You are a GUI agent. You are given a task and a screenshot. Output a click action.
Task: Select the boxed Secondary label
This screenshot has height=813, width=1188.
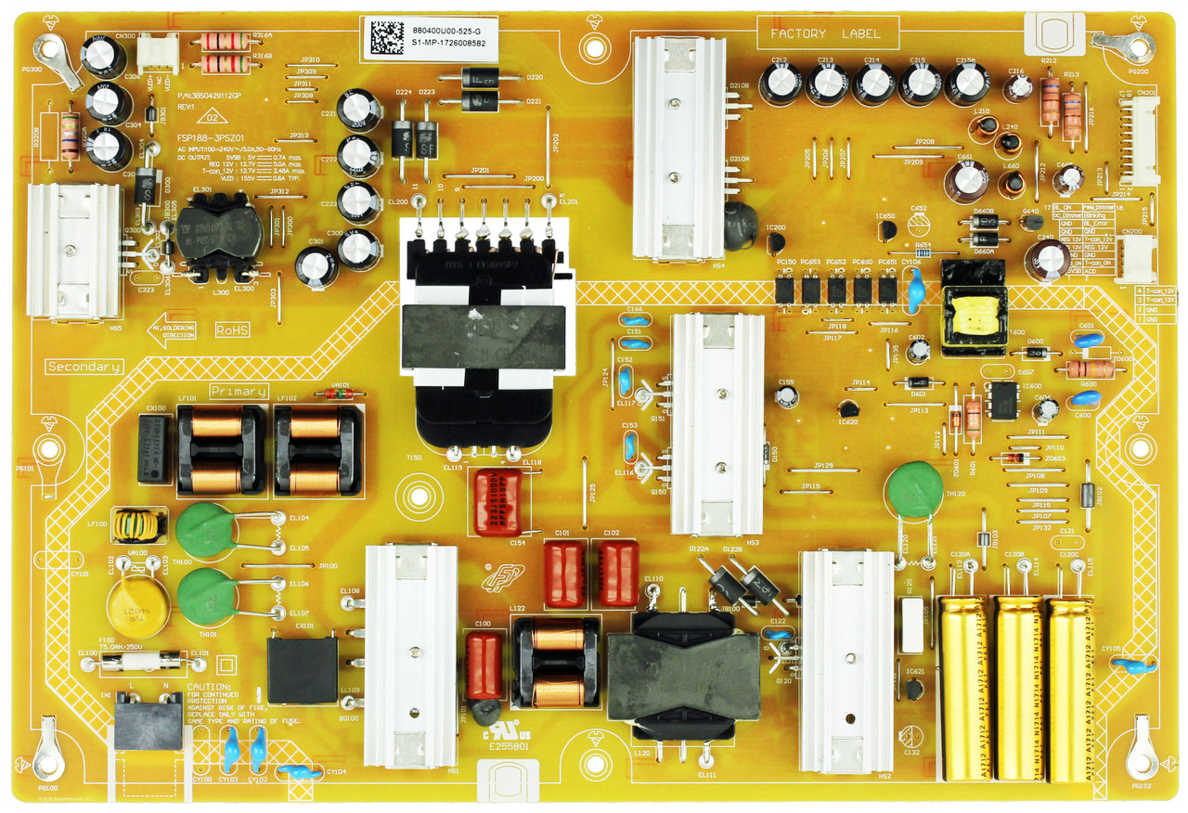pyautogui.click(x=84, y=367)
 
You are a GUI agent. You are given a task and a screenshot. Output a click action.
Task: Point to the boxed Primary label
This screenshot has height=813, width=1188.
pyautogui.click(x=239, y=392)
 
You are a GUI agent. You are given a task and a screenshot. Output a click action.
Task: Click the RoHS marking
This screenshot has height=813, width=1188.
pyautogui.click(x=232, y=329)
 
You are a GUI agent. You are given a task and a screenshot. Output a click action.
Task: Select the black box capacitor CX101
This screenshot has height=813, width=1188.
pyautogui.click(x=303, y=669)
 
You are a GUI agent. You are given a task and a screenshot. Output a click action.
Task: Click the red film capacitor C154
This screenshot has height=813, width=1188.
pyautogui.click(x=498, y=502)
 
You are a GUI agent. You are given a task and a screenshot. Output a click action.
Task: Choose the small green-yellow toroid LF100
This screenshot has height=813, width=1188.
pyautogui.click(x=139, y=525)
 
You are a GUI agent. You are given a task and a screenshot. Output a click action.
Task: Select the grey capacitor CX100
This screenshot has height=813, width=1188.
pyautogui.click(x=154, y=449)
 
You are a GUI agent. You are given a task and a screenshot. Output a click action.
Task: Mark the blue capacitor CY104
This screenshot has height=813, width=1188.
pyautogui.click(x=296, y=771)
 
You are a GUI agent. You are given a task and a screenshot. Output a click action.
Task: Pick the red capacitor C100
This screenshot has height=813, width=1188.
pyautogui.click(x=484, y=665)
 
